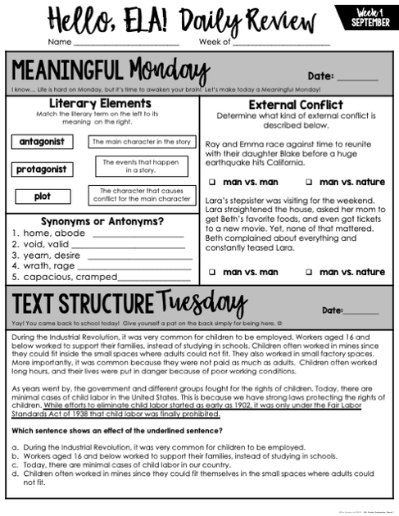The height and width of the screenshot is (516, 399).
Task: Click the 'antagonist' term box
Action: [42, 142]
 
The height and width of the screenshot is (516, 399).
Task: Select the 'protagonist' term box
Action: [42, 170]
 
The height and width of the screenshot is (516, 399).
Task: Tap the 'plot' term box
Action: [42, 197]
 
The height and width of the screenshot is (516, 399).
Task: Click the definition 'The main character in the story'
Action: [142, 142]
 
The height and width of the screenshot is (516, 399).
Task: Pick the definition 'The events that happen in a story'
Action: [141, 166]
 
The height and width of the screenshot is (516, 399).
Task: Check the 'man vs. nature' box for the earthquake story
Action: [309, 182]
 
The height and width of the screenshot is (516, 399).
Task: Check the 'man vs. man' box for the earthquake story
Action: [211, 182]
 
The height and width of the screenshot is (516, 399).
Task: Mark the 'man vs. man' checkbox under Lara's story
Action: [211, 272]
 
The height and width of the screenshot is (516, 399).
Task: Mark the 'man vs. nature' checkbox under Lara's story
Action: [309, 272]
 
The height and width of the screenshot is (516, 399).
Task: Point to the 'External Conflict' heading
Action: [295, 105]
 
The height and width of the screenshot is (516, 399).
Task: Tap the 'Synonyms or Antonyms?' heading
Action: [101, 221]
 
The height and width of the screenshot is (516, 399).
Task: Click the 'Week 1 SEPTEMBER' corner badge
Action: [365, 16]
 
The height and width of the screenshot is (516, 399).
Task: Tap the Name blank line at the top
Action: [126, 43]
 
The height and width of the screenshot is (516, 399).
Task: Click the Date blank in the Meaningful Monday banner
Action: [357, 79]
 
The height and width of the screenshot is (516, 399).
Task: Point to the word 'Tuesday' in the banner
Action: [201, 302]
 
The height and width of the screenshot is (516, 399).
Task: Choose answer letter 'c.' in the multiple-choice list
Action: [16, 464]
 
